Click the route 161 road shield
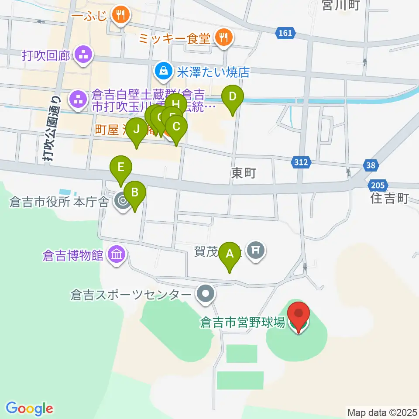coord(285,33)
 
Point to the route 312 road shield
coord(301,162)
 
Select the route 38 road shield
coord(371,165)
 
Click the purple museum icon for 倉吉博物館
coord(117,254)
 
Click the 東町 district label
coord(243,173)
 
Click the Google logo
coord(30,409)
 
